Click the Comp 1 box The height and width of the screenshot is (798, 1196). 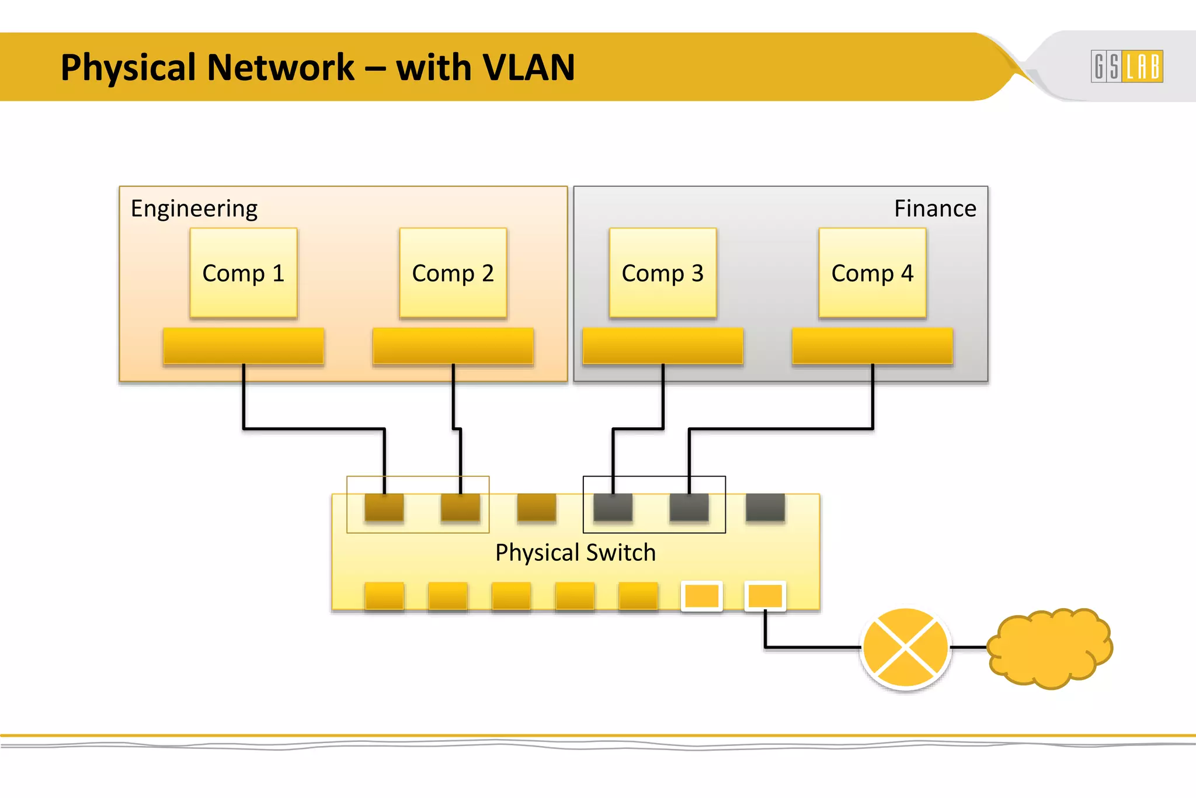pos(244,273)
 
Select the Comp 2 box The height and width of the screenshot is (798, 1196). pos(453,273)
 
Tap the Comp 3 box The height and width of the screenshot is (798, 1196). pos(663,273)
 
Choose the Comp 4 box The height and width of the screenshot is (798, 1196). pos(872,273)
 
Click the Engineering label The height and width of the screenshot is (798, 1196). pos(194,209)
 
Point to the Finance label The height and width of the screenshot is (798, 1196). pos(935,209)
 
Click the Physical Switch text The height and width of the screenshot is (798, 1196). pos(575,553)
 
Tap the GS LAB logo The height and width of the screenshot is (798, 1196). pos(1127,66)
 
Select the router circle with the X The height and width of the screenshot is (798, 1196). pos(906,647)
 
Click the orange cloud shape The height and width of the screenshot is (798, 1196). pos(1050,647)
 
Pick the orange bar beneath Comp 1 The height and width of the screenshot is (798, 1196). pos(244,346)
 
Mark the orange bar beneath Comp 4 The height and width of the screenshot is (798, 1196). pos(872,346)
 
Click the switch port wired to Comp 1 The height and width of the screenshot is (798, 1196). pos(384,507)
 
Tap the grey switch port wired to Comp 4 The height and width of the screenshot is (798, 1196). pos(689,507)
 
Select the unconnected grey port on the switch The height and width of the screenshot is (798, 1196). pos(765,507)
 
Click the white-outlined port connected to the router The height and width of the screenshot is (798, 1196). pos(765,596)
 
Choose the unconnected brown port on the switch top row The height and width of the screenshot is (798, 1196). pos(537,507)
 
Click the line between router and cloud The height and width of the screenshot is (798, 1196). pos(969,647)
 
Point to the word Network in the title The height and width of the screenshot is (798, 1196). pos(281,67)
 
